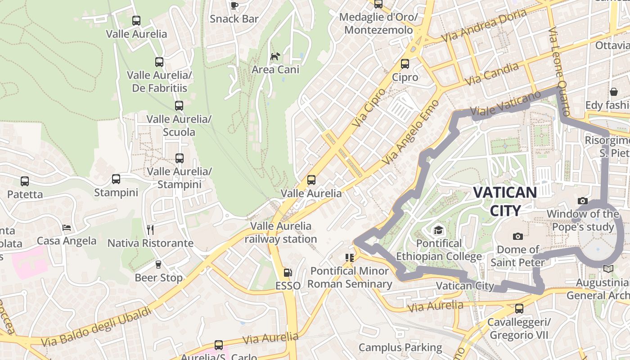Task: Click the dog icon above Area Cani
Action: click(x=275, y=56)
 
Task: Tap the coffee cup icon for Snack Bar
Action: click(x=234, y=5)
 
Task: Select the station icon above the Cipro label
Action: click(x=405, y=64)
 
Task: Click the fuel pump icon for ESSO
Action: click(x=288, y=273)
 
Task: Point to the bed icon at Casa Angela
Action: click(x=67, y=228)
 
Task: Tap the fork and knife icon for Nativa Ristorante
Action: click(x=150, y=230)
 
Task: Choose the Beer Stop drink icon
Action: click(x=158, y=265)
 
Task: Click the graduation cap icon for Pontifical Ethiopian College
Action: click(x=438, y=231)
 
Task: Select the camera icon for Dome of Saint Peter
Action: click(x=517, y=236)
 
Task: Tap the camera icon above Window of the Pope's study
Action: click(x=583, y=201)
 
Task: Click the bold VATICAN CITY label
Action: click(x=505, y=201)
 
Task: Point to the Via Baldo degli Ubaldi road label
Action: click(x=96, y=326)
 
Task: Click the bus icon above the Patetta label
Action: click(x=25, y=181)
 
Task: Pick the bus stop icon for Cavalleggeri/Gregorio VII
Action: click(x=519, y=309)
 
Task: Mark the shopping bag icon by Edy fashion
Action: click(x=613, y=92)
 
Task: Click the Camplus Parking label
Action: click(x=400, y=347)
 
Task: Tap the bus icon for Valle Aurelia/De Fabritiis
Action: click(x=159, y=62)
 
